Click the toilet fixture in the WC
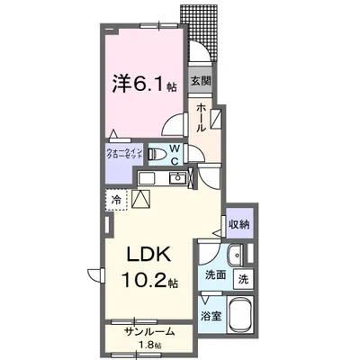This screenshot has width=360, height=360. (x=157, y=152)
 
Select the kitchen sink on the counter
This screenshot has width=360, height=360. (x=178, y=180)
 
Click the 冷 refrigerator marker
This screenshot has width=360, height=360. (x=116, y=199)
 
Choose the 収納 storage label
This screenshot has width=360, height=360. (x=238, y=223)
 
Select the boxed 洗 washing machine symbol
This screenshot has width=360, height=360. (x=242, y=279)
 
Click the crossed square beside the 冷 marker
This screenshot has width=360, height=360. (x=140, y=201)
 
